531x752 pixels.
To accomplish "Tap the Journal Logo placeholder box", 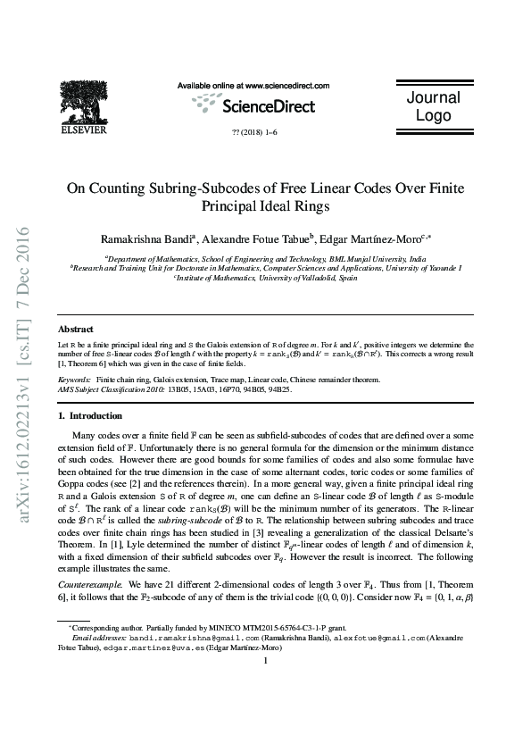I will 434,106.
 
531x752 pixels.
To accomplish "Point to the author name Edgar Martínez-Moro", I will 375,239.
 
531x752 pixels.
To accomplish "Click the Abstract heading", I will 75,330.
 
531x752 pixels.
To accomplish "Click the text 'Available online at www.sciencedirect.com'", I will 253,86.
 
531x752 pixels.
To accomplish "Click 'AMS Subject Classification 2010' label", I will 112,389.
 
